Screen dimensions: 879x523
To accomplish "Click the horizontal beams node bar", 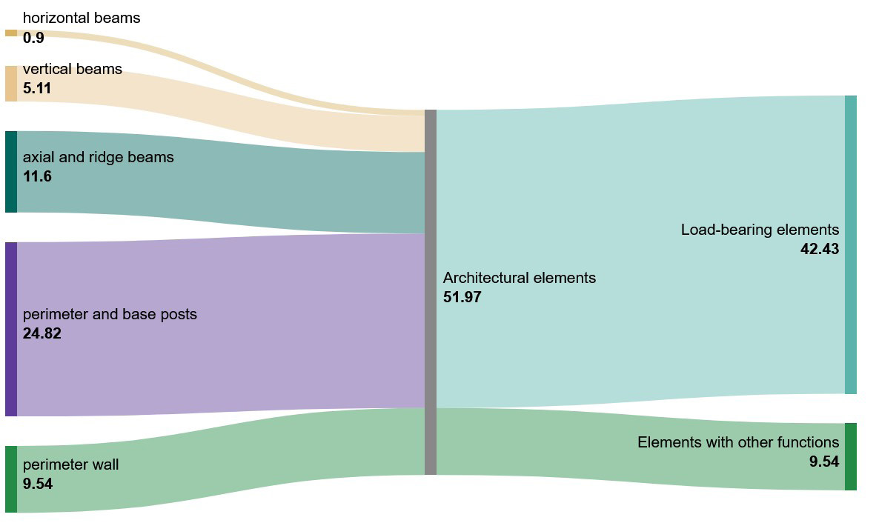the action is tap(11, 33).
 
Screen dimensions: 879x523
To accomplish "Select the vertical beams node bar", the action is tap(11, 84).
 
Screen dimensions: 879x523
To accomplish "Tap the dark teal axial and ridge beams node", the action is tap(11, 172).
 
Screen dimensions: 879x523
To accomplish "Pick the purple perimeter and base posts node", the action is tap(11, 329).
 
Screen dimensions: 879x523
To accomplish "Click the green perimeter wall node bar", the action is tap(11, 479).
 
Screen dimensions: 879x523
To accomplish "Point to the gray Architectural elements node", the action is tap(431, 292).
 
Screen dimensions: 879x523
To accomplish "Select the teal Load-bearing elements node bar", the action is tap(850, 245).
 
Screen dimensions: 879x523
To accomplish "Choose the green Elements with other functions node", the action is tap(850, 457).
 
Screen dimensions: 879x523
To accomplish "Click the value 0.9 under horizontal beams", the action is tap(33, 38).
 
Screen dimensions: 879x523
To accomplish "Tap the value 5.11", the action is tap(37, 88).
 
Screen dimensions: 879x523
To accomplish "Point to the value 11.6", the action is tap(37, 176).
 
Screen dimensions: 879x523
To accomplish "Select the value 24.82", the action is tap(42, 333).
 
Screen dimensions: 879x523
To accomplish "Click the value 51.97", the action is tap(462, 297).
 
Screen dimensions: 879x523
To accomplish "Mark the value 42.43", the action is tap(820, 249).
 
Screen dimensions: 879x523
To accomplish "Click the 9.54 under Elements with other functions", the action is tap(824, 462).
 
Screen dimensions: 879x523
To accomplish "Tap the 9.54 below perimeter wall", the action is tap(38, 484).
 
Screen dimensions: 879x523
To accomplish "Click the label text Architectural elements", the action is tap(519, 278).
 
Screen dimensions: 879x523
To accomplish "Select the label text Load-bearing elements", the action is tap(760, 230).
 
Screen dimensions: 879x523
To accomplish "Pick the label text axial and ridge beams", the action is tap(98, 158).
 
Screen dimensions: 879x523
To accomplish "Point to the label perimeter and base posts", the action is tap(110, 315).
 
